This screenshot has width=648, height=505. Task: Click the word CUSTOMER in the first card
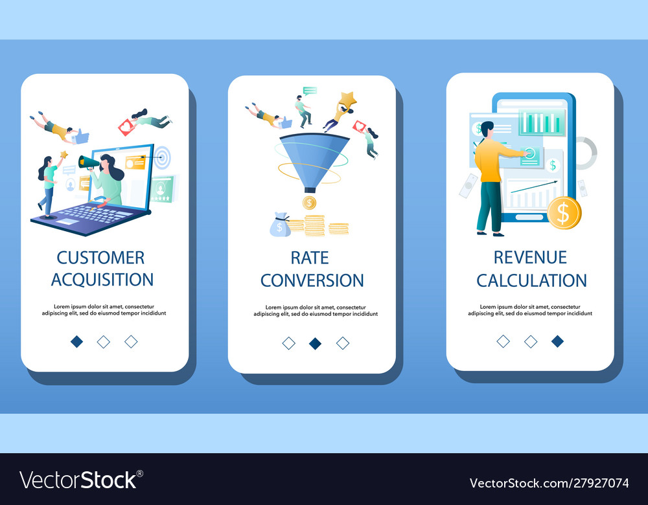100,258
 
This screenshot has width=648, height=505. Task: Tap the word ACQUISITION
102,280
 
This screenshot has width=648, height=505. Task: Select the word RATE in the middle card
310,258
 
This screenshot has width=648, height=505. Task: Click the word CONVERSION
312,280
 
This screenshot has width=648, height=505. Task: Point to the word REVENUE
530,257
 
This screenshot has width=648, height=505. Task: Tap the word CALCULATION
531,280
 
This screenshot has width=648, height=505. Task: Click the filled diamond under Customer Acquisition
77,341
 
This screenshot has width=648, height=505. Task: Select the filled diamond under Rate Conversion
316,343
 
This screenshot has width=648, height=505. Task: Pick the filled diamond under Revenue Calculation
557,341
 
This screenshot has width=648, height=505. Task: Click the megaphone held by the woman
88,162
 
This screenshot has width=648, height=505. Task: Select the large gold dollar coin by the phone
564,212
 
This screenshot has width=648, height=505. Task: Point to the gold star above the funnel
347,100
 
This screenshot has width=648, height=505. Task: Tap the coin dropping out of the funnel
309,203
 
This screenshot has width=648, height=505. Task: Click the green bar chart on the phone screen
541,122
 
